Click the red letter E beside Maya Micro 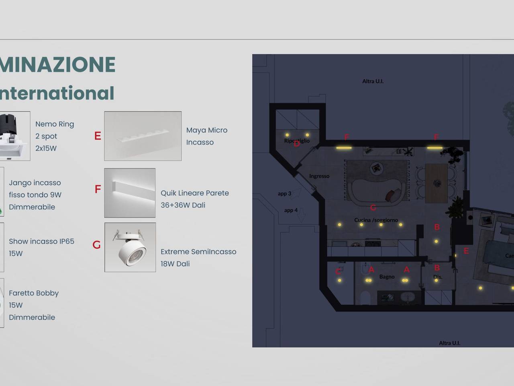coord(98,136)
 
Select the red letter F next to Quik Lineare coord(98,189)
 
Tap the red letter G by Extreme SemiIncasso coord(97,245)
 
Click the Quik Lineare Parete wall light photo coord(130,193)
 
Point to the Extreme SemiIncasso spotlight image coord(130,247)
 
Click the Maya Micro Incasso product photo coord(143,136)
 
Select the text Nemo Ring coord(55,124)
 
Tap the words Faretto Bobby coord(34,293)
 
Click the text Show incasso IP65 coord(41,241)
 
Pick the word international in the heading coord(57,93)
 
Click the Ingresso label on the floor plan coord(319,176)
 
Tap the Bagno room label coord(387,277)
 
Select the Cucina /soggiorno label coord(376,220)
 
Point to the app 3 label coord(284,193)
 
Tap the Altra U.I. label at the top coord(373,81)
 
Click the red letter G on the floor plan coord(373,207)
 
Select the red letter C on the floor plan coord(338,272)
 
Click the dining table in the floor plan coord(436,183)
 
